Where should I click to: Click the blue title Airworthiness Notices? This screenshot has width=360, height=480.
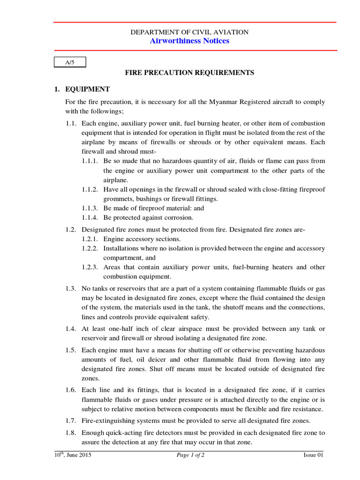[189, 41]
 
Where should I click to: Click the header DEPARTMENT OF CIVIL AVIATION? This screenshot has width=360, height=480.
[189, 32]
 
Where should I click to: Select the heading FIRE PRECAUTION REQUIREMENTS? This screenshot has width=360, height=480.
[189, 73]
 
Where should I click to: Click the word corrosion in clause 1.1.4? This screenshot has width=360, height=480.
[177, 217]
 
